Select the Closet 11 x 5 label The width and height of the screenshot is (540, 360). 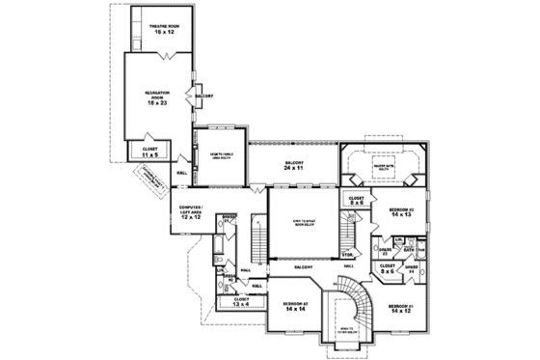pos(150,150)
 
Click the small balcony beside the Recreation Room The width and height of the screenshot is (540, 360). pos(203,97)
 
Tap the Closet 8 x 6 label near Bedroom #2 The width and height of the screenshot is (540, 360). pos(355,202)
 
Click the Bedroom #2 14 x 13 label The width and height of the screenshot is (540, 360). pos(402,211)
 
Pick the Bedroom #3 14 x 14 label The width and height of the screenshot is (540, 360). pos(295,306)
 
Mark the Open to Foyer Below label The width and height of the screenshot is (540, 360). pos(344,330)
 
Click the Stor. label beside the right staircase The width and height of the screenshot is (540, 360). pos(347,256)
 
